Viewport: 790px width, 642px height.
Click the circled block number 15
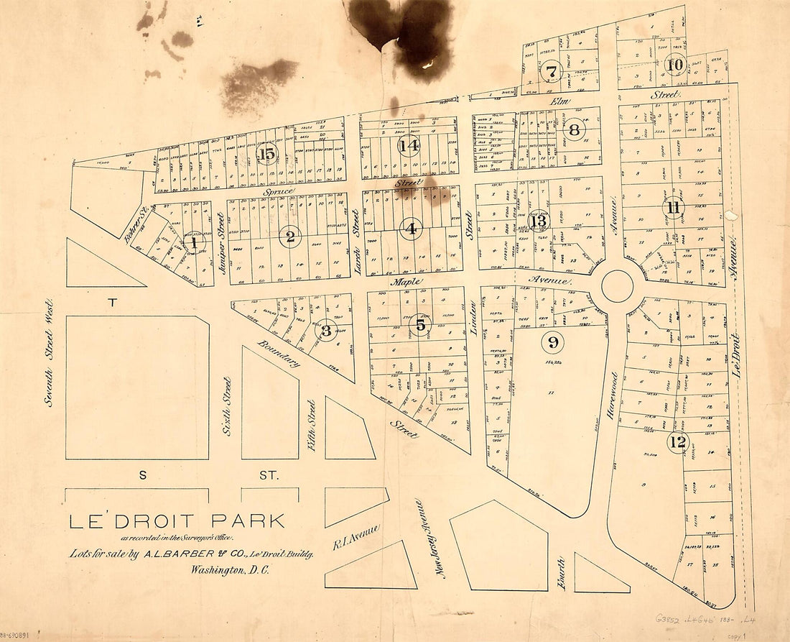(266, 153)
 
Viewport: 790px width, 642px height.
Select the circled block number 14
(409, 146)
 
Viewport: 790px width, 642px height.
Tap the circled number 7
(551, 72)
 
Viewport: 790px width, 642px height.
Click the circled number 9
(552, 342)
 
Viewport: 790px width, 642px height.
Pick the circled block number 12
(677, 442)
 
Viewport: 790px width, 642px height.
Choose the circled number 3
(325, 331)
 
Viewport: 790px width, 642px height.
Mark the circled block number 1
(194, 244)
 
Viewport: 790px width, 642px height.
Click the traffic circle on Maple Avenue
(617, 286)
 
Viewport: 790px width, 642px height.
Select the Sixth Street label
(226, 407)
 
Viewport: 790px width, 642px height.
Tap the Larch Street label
(355, 233)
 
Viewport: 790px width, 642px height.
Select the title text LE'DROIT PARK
(177, 521)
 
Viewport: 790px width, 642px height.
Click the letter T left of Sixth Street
(112, 303)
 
